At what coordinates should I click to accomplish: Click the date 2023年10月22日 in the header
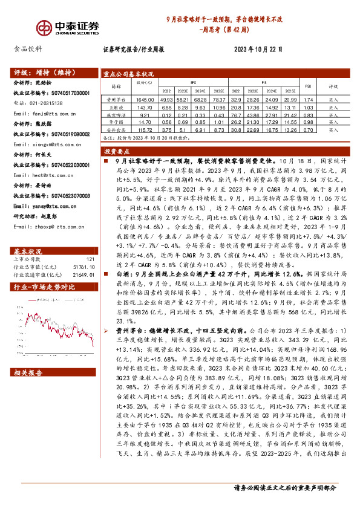(257, 50)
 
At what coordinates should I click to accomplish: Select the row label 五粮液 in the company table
(115, 107)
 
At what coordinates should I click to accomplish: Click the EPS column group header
(192, 82)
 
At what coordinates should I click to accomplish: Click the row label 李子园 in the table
(115, 122)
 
